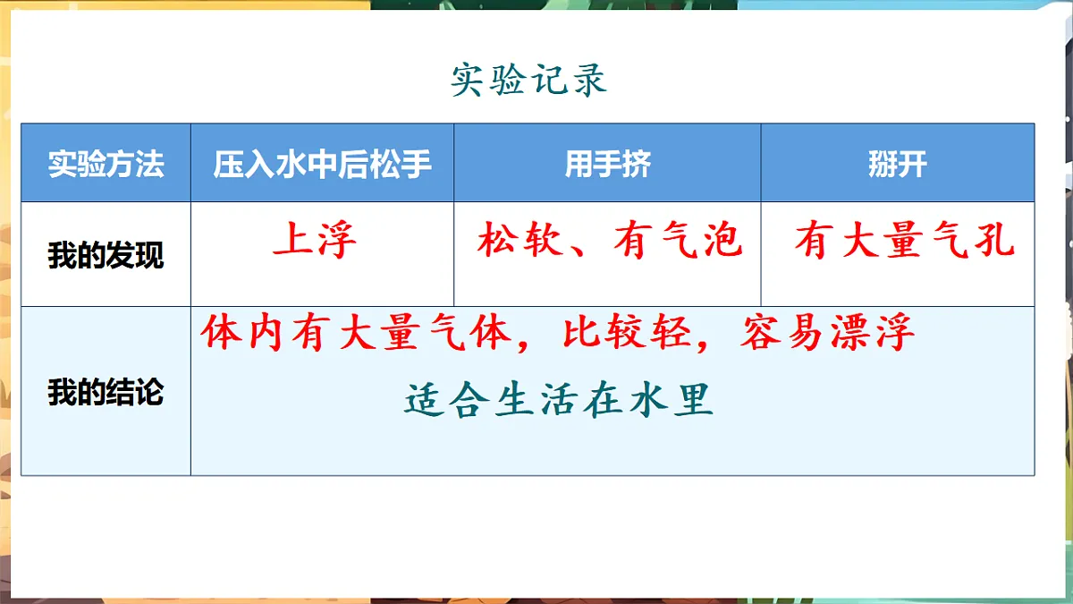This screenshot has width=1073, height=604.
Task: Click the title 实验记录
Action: click(x=529, y=81)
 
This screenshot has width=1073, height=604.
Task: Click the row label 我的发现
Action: click(x=106, y=256)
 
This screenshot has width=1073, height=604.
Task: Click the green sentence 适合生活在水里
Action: click(x=559, y=400)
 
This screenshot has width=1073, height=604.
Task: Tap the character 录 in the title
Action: click(x=588, y=81)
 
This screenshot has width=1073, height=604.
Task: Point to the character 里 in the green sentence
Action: click(x=694, y=400)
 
